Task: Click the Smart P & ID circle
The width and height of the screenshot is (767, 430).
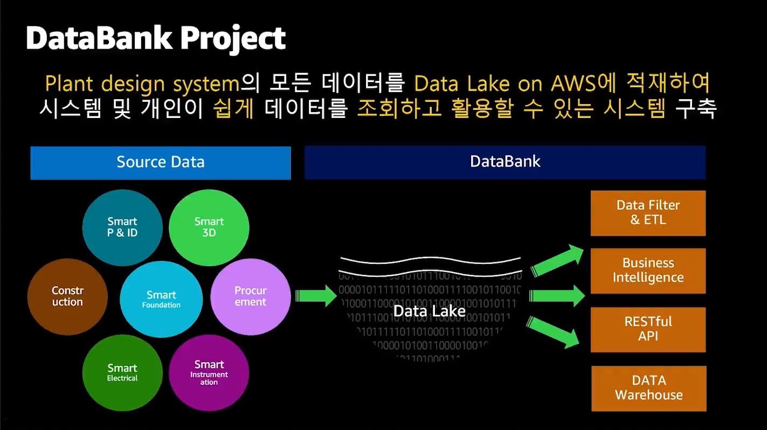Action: [x=122, y=228]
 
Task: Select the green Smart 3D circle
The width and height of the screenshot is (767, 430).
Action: [x=209, y=228]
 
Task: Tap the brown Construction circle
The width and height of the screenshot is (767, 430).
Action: [x=67, y=296]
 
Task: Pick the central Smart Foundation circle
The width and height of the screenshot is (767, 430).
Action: [x=161, y=299]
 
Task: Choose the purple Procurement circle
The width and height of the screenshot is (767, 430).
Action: [x=250, y=296]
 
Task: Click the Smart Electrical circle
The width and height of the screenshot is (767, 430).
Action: [x=122, y=372]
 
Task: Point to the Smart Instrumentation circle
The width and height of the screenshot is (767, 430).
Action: [x=209, y=372]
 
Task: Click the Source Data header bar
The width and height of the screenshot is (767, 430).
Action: [x=161, y=162]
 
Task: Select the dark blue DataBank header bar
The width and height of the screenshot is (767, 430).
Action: [x=505, y=162]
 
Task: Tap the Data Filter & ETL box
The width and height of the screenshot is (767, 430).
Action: [x=648, y=213]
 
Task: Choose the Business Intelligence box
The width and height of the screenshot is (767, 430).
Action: [x=648, y=271]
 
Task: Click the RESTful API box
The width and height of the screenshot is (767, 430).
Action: [x=648, y=329]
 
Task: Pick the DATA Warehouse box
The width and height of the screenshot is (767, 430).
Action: [x=648, y=388]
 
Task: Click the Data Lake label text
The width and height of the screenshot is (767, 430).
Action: [x=429, y=311]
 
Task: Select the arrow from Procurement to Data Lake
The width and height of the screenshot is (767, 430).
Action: [x=315, y=295]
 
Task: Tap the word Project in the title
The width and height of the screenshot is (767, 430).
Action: [x=233, y=38]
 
